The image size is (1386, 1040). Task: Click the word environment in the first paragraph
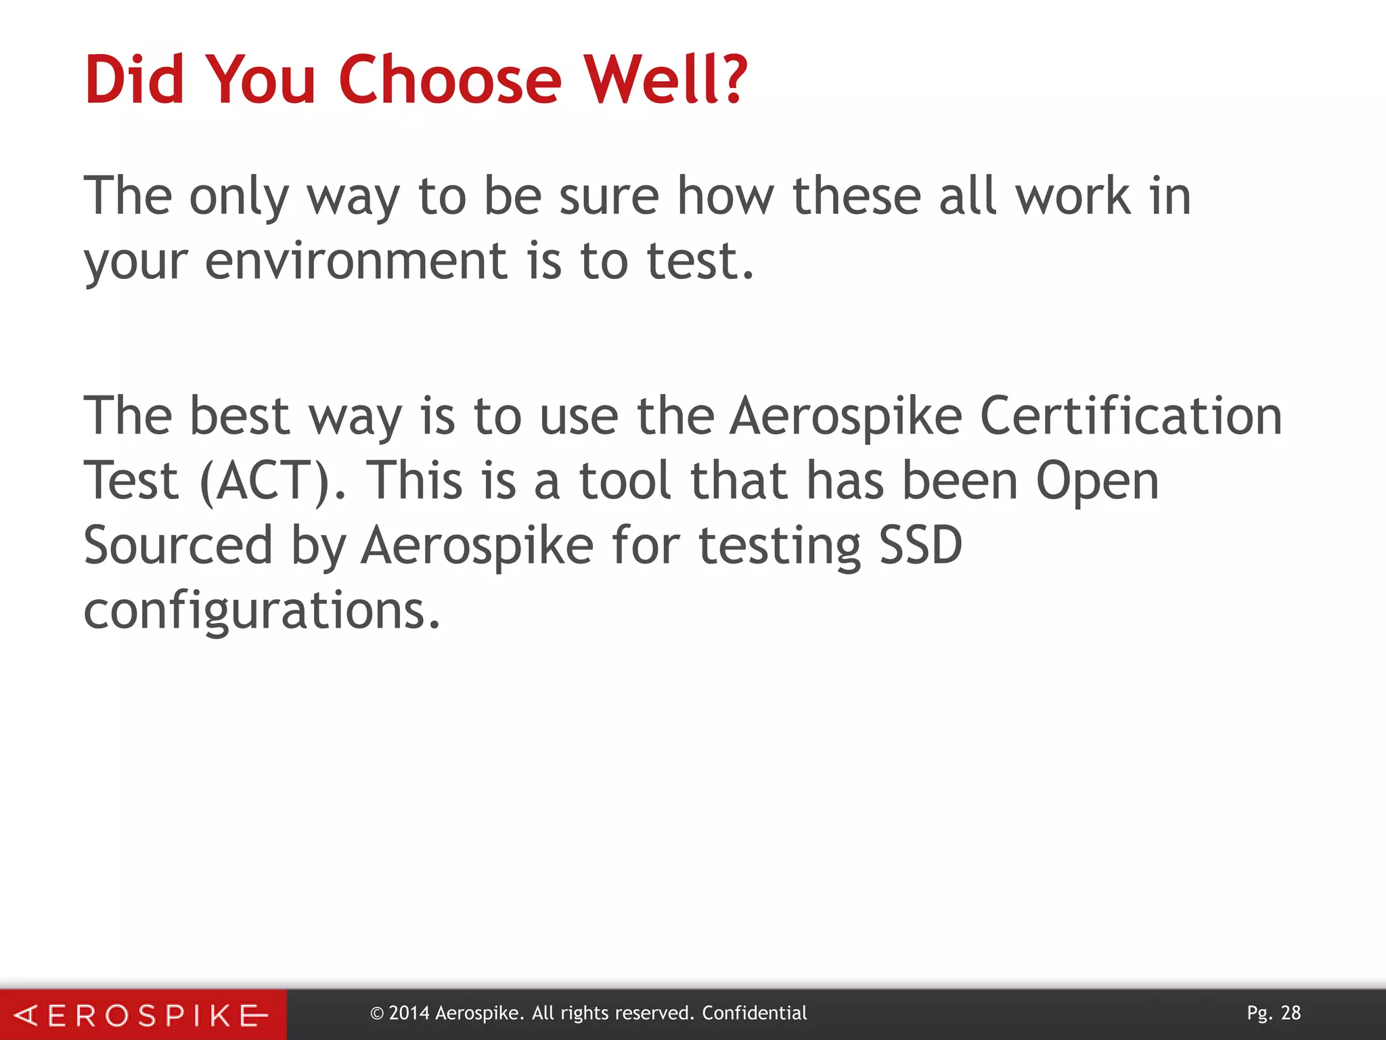pyautogui.click(x=356, y=261)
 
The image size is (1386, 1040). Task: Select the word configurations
pyautogui.click(x=261, y=611)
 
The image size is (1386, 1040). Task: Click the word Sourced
pyautogui.click(x=177, y=545)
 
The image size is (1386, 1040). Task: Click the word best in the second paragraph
pyautogui.click(x=240, y=416)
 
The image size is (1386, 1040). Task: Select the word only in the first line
pyautogui.click(x=240, y=198)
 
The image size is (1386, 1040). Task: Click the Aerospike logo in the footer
pyautogui.click(x=142, y=1015)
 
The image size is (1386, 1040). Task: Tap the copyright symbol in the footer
pyautogui.click(x=377, y=1014)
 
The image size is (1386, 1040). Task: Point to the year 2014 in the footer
pyautogui.click(x=409, y=1013)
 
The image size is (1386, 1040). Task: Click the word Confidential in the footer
pyautogui.click(x=754, y=1013)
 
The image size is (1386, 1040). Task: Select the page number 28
pyautogui.click(x=1291, y=1013)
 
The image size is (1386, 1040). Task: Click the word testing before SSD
pyautogui.click(x=780, y=546)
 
